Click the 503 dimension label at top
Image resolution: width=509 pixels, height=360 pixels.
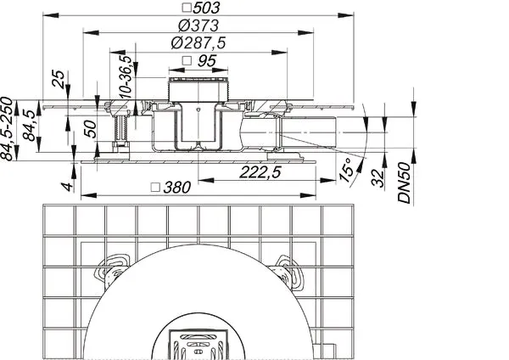206,8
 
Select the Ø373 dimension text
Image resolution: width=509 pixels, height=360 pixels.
199,25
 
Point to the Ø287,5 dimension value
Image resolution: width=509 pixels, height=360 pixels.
198,43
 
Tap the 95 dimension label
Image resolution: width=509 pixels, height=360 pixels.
206,61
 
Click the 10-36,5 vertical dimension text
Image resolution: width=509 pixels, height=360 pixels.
125,77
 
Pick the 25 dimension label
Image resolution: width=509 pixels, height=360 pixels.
59,79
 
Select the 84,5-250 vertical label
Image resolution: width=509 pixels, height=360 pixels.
7,129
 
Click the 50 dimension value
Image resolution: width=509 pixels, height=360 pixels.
90,129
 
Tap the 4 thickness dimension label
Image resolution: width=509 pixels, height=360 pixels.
68,187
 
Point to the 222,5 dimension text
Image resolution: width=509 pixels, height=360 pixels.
260,172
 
